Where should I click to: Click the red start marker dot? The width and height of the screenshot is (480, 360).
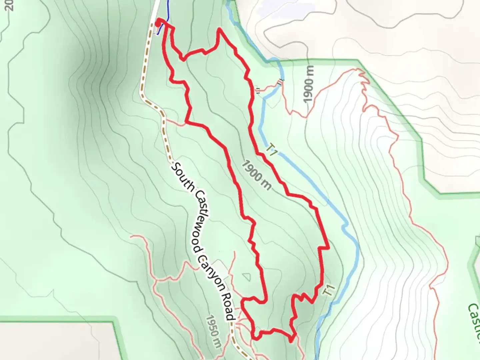click(x=158, y=23)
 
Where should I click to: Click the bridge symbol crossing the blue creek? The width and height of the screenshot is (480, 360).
click(x=281, y=82)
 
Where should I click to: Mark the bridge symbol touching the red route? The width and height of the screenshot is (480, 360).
click(x=258, y=90)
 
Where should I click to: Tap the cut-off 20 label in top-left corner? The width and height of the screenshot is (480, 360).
click(x=9, y=5)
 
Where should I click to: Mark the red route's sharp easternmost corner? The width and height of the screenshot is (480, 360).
click(x=328, y=248)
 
